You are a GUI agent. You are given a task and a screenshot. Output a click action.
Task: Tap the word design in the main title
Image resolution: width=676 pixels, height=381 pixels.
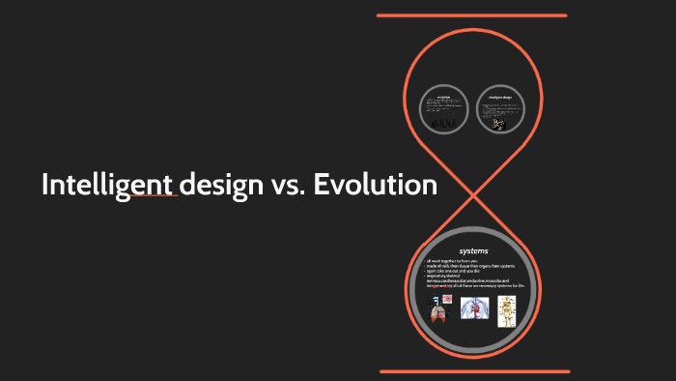point(217,185)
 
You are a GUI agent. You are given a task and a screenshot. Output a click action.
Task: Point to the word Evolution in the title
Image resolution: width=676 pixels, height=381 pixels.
point(373,184)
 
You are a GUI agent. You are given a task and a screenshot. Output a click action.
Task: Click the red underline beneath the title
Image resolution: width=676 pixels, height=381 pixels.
point(155,196)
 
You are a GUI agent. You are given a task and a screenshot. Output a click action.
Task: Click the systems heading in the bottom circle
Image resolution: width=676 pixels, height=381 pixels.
point(473,251)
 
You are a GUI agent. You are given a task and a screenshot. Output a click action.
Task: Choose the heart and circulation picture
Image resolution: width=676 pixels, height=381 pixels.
point(474,308)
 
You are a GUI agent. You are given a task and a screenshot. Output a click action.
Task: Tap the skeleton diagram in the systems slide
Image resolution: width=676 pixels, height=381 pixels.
point(507,310)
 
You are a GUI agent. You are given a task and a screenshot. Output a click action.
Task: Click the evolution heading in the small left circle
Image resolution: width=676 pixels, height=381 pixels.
point(444,97)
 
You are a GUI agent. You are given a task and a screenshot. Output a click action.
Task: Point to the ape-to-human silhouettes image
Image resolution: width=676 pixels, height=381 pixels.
point(444,123)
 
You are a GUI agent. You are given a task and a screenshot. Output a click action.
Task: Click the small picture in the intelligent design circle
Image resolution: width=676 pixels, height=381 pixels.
point(498,124)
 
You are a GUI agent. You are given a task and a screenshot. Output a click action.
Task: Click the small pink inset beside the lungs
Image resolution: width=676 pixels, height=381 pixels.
point(447,299)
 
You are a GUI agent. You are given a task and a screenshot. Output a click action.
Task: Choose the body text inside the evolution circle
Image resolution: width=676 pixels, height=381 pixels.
point(444,108)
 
